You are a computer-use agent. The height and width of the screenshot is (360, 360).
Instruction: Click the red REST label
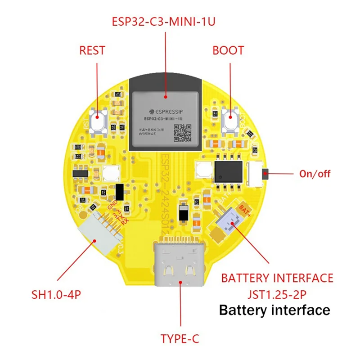[92, 50]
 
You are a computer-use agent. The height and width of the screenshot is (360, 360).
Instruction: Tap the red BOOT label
[228, 50]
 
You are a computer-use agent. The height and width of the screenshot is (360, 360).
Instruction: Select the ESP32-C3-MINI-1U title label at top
[164, 22]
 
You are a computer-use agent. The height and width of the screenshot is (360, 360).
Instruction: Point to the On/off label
[315, 174]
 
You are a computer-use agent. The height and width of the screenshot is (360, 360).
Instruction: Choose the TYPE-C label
[180, 338]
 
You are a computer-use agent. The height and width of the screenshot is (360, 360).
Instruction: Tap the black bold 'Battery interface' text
[274, 310]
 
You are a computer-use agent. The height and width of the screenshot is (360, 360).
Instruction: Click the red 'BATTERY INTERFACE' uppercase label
[277, 278]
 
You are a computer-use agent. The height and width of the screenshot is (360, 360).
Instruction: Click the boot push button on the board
[230, 119]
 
